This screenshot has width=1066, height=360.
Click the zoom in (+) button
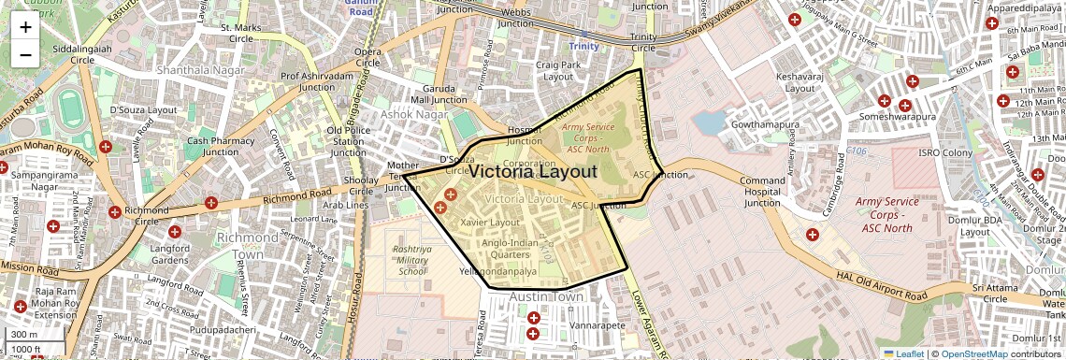(25, 27)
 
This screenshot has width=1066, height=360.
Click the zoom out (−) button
(25, 54)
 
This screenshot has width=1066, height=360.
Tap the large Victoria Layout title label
(532, 172)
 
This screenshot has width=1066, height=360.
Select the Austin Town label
(546, 297)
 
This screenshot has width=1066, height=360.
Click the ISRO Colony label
(945, 152)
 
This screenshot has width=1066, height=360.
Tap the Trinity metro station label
(583, 46)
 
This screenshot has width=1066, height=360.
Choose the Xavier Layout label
(491, 223)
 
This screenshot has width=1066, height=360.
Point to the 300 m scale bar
(26, 335)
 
